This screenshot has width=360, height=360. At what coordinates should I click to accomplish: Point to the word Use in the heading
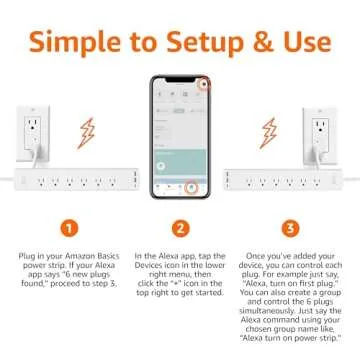coord(302,44)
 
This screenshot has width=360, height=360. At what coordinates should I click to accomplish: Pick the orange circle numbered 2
coord(180,227)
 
